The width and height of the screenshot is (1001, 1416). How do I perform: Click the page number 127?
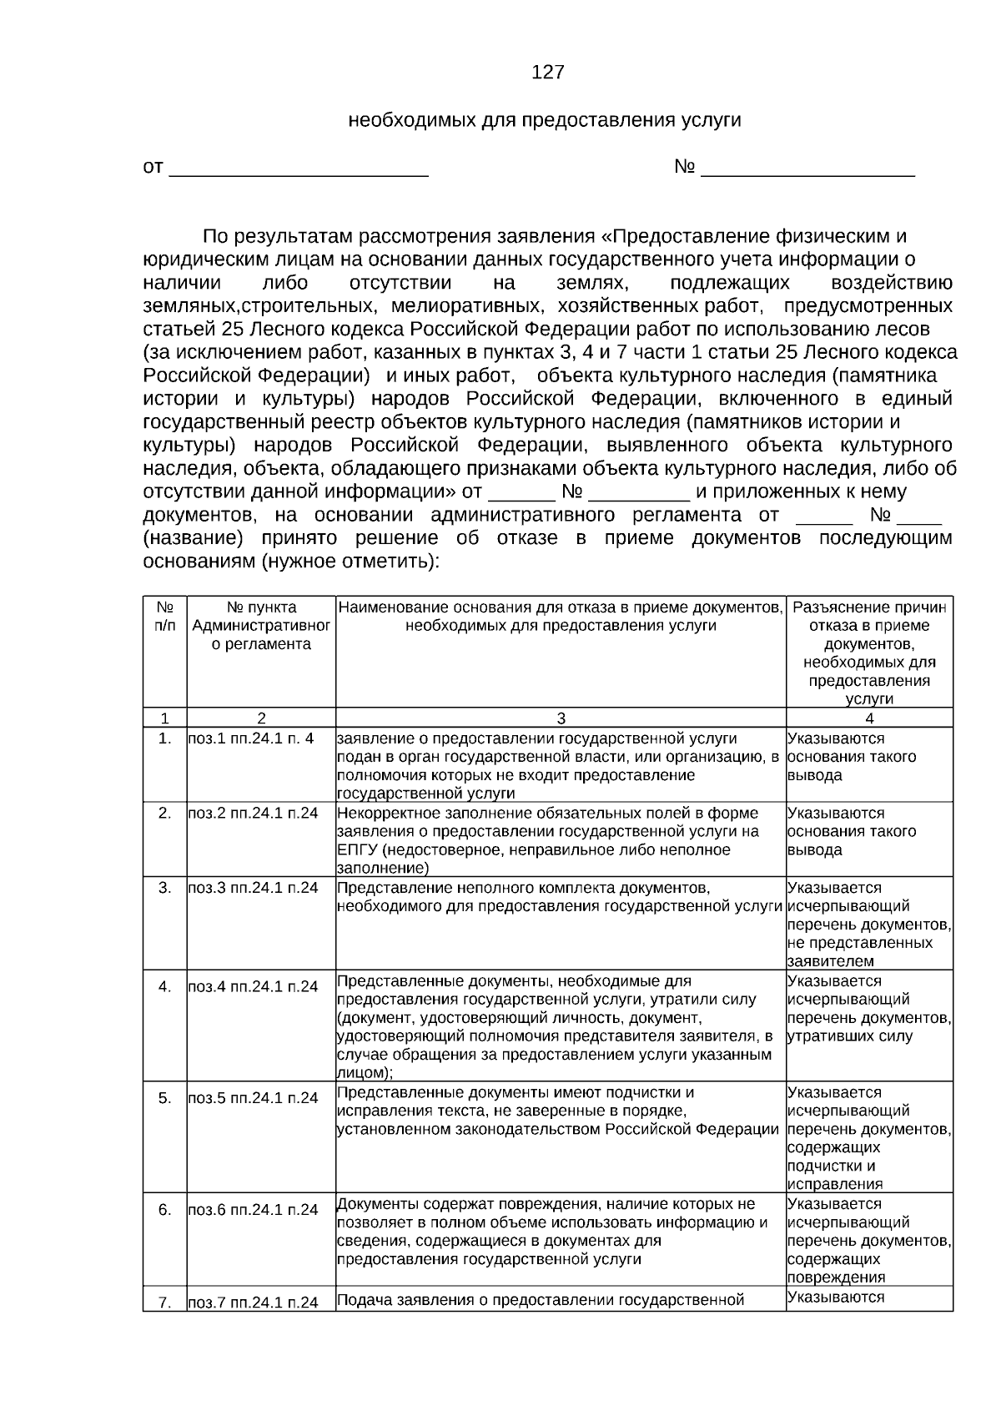tap(547, 73)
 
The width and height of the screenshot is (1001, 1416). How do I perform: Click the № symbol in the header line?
tap(684, 168)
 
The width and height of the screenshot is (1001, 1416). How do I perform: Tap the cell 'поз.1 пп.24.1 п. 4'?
tap(251, 738)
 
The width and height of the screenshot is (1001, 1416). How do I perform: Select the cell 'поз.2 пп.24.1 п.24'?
tap(253, 813)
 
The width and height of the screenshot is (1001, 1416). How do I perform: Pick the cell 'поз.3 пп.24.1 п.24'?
tap(253, 888)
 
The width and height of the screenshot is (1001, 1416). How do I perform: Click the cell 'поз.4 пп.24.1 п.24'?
tap(253, 986)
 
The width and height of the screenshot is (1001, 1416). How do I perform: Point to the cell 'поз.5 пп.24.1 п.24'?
tap(253, 1098)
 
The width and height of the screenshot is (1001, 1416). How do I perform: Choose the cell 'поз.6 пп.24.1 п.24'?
tap(253, 1210)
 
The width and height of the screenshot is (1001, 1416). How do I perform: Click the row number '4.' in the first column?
tap(164, 986)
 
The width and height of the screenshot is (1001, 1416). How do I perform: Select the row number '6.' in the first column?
tap(164, 1210)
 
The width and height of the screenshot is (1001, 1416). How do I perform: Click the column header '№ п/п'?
tap(164, 617)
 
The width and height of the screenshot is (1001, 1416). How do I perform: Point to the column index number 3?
tap(561, 718)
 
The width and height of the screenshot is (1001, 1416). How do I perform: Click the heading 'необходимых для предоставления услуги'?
tap(544, 120)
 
